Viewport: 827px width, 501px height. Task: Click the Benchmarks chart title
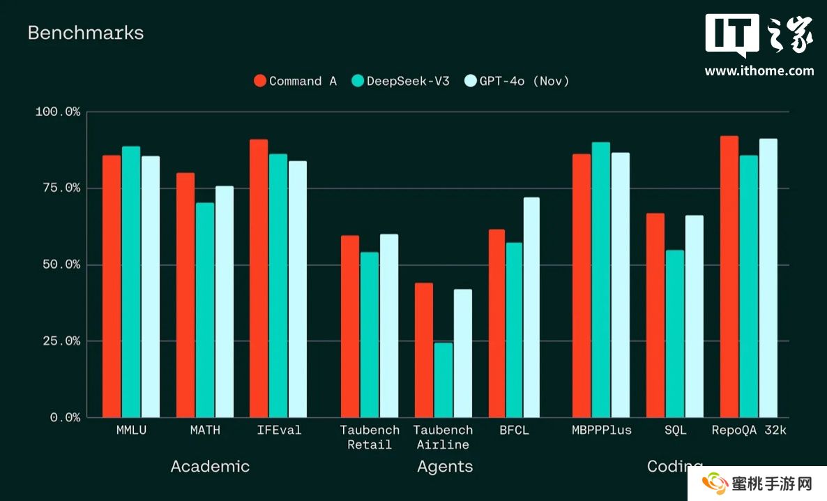click(85, 33)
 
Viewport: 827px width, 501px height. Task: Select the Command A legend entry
click(295, 81)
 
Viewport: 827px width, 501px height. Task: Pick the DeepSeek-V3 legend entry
click(400, 81)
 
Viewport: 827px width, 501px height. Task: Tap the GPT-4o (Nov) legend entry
click(516, 81)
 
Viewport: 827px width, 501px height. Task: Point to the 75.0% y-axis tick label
click(58, 188)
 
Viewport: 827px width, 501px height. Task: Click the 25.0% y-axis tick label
click(58, 341)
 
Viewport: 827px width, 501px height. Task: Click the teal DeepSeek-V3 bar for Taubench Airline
click(443, 380)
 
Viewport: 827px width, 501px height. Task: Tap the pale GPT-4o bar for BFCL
click(531, 308)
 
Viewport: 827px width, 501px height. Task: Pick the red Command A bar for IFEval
click(259, 278)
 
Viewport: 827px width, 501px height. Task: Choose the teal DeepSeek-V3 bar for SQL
click(675, 334)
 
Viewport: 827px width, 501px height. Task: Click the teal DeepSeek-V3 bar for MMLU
click(131, 282)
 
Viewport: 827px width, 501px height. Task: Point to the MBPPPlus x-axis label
click(601, 431)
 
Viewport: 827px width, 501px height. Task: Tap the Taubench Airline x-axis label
click(443, 438)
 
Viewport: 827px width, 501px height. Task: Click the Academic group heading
click(210, 467)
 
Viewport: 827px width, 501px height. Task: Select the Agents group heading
click(445, 467)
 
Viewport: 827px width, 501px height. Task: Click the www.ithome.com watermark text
click(759, 70)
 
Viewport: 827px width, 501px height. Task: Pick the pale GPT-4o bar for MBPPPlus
click(621, 285)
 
